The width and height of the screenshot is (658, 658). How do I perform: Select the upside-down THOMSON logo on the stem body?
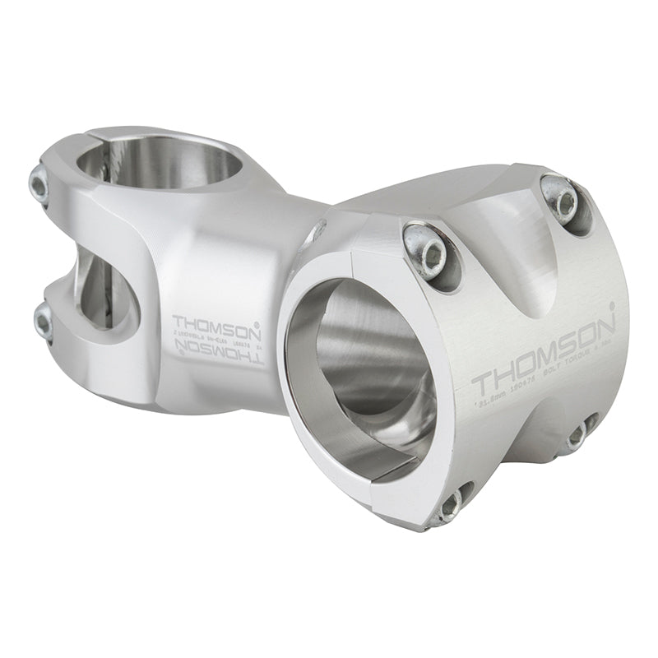pos(215,347)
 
